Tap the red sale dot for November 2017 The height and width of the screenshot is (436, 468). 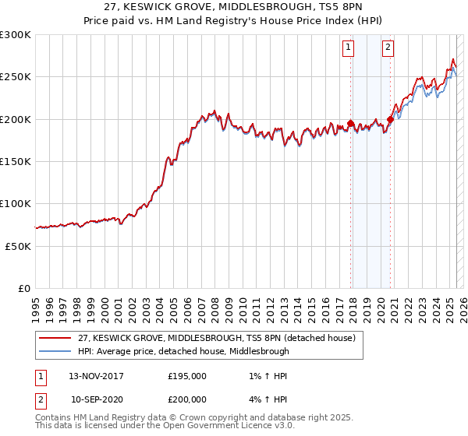point(351,123)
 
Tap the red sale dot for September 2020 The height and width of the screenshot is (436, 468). point(390,119)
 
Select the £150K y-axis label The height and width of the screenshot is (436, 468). point(15,161)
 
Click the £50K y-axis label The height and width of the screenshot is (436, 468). point(18,245)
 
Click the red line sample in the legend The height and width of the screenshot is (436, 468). point(55,338)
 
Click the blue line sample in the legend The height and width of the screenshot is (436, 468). point(55,351)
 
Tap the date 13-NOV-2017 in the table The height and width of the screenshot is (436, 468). point(96,375)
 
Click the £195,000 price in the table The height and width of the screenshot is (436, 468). point(187,375)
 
